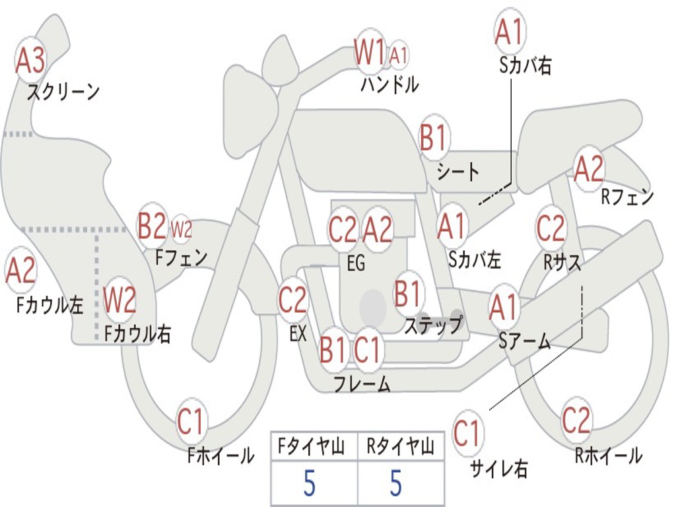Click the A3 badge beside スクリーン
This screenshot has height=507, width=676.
click(30, 61)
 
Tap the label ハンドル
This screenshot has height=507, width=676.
click(389, 85)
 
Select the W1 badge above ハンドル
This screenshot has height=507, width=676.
click(370, 52)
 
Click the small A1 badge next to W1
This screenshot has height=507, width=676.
click(399, 55)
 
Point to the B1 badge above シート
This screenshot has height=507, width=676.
click(434, 139)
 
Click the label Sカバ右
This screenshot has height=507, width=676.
click(525, 65)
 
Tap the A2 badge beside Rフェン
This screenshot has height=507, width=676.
click(589, 170)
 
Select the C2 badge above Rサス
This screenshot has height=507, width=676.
click(551, 228)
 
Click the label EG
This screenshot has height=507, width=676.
click(356, 263)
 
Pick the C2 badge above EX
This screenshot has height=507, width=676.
click(292, 300)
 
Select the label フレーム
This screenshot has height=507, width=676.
click(362, 383)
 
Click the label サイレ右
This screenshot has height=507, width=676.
click(498, 468)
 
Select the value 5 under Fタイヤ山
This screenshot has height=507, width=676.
click(309, 484)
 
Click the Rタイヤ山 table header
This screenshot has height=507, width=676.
click(400, 448)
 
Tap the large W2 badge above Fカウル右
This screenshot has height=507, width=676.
click(120, 300)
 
